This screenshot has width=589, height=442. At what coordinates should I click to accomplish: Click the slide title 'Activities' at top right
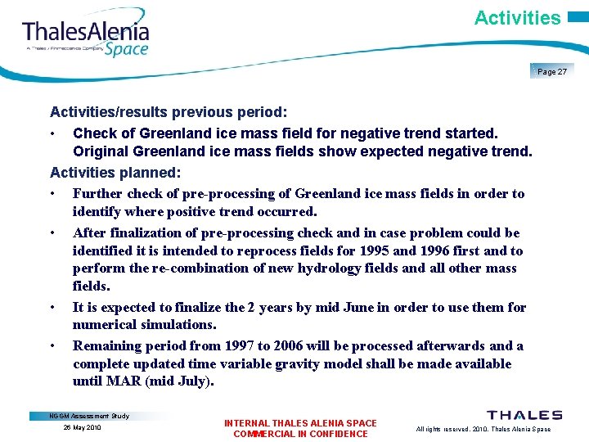point(517,17)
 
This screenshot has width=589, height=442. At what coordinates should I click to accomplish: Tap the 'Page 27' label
point(552,72)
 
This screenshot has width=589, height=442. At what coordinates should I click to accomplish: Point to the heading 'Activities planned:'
point(115,172)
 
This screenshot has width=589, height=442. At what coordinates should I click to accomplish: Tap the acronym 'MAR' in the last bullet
point(128,381)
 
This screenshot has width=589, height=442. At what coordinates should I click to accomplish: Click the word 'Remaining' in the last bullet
point(107,346)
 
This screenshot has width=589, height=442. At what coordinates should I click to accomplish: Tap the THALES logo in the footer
point(524,416)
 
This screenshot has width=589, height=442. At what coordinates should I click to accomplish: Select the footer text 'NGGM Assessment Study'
point(91,416)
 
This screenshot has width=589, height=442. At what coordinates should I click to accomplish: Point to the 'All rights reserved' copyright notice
point(483,429)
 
